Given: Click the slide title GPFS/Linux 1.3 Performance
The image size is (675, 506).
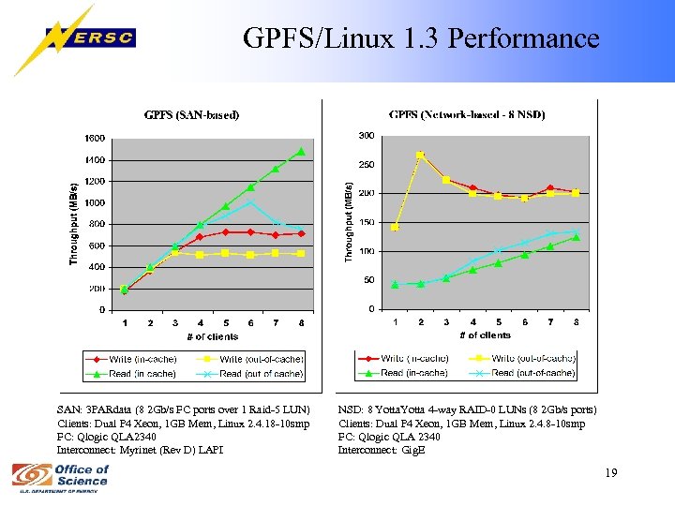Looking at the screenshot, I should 421,38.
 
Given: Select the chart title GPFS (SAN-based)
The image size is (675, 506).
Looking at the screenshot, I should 191,115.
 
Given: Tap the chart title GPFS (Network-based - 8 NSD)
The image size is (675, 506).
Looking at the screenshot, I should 468,114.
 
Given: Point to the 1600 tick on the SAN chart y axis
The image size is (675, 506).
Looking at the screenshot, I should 95,138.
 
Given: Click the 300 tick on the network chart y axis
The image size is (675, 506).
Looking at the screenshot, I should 367,136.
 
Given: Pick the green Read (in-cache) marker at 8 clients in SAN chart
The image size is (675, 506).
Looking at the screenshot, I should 301,151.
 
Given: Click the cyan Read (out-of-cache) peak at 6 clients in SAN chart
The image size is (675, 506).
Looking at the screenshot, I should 250,201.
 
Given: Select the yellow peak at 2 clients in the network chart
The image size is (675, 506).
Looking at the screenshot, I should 420,156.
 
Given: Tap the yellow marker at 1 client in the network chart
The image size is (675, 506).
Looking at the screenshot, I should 395,227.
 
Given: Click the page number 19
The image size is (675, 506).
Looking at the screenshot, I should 611,472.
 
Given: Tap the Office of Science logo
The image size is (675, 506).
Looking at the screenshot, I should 61,478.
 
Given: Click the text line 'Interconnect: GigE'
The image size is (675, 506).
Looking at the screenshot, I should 382,450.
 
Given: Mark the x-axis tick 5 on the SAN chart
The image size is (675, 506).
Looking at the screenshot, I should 226,323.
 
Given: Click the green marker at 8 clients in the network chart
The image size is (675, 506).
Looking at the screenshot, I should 576,237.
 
